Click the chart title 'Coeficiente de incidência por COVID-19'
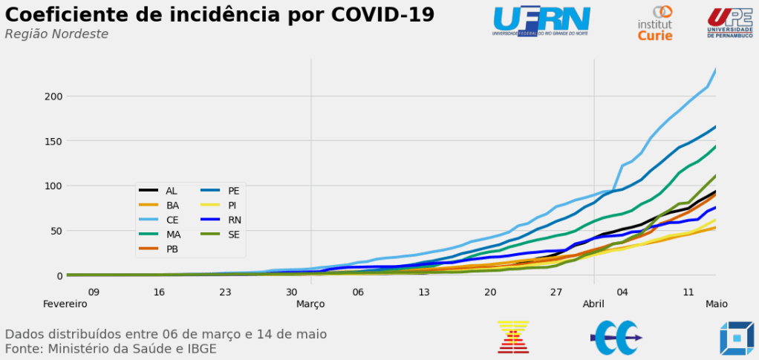coord(220,15)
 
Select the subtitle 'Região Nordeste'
coord(56,34)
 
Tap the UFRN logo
coord(541,21)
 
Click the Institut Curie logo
coord(655,23)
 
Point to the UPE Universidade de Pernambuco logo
coord(730,22)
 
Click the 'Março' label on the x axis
coord(310,304)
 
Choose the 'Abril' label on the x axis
coord(593,304)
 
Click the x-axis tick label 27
coord(556,292)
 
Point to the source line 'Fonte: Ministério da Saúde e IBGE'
coord(111,349)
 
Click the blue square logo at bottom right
coord(736,338)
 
